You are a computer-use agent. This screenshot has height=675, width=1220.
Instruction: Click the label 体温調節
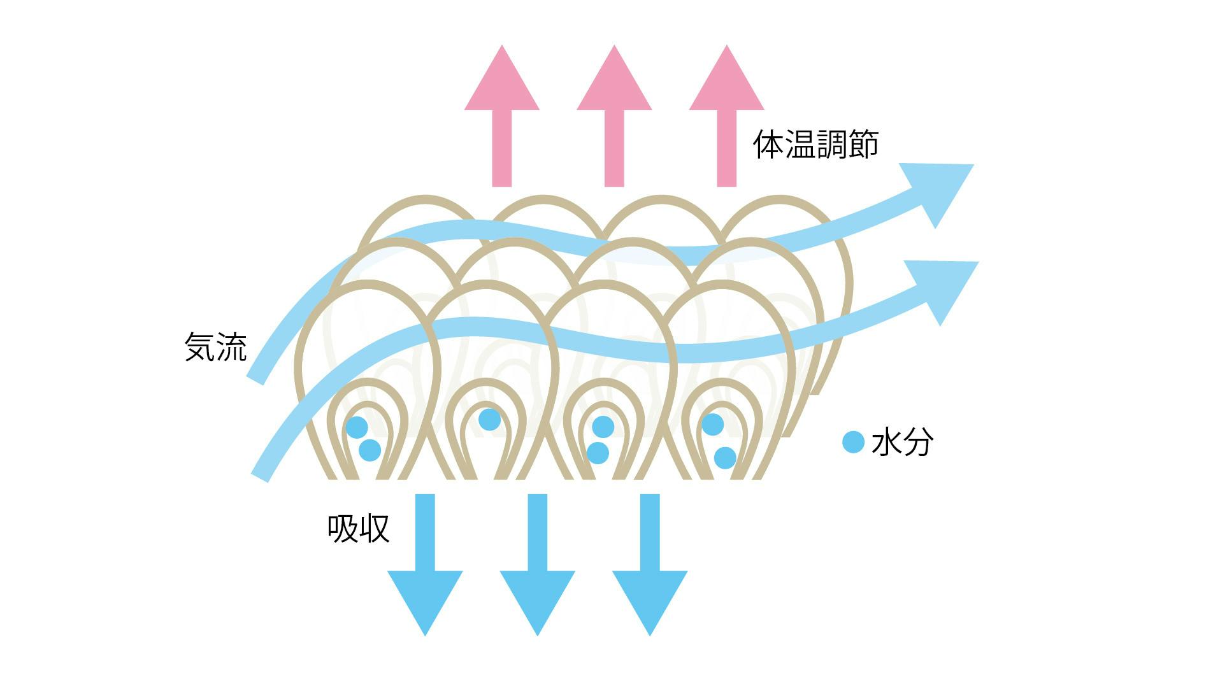coord(815,145)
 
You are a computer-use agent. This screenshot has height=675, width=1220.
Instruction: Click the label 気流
coord(215,347)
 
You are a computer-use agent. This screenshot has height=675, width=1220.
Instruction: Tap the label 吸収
coord(358,528)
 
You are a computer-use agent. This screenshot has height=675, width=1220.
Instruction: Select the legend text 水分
coord(902,442)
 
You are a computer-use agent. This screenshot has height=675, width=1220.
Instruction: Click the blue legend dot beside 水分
coord(853,442)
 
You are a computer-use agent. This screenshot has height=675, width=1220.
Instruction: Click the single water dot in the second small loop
coord(489,419)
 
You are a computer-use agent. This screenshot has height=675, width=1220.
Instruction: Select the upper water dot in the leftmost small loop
coord(357,427)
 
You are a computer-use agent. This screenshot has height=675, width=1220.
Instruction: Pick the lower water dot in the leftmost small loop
coord(370,450)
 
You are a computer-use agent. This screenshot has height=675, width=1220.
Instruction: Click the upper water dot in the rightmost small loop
coord(712,424)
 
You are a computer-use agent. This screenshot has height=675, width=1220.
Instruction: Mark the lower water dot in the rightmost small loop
coord(725,457)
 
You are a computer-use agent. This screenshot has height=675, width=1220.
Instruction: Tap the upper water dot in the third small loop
coord(603,427)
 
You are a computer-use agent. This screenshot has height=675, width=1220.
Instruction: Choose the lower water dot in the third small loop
coord(598,453)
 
